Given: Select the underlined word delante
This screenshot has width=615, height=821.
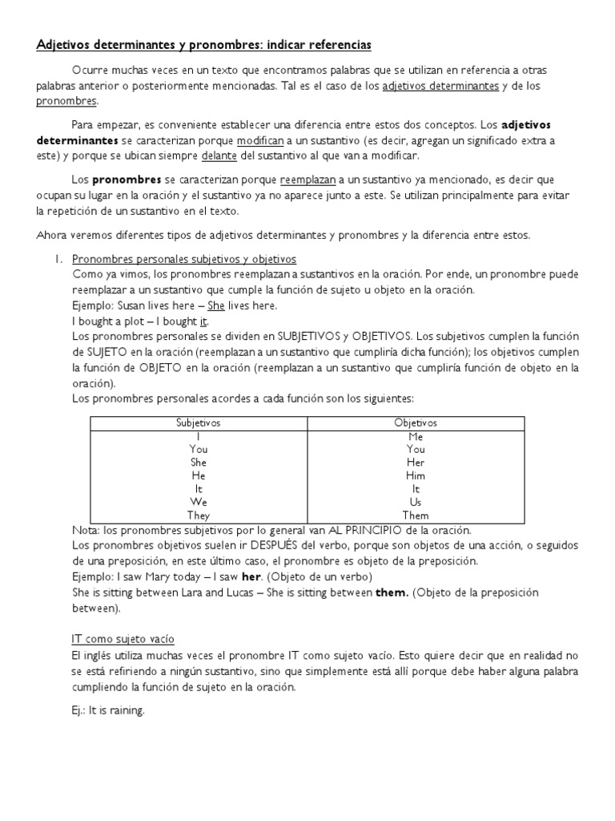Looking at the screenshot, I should point(226,155).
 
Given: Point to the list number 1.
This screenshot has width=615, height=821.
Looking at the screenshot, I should point(58,260).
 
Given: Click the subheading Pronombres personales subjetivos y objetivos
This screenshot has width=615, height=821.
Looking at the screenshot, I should point(184,260).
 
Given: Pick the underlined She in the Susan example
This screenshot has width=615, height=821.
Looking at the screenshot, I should point(215,305).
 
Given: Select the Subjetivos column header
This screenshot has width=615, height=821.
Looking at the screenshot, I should point(198,423).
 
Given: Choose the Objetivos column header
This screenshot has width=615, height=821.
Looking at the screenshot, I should point(416,423).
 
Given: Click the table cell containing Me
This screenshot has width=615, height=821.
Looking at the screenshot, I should point(416,437).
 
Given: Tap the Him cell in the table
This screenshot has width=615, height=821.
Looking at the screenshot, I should point(416,476).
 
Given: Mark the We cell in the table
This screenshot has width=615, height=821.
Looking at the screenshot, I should point(198,502).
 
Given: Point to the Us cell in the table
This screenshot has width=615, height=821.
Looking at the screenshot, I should point(416,502).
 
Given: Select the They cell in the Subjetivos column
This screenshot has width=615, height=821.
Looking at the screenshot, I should point(198,516).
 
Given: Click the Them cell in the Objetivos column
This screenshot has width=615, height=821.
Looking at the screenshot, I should point(416,516).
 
